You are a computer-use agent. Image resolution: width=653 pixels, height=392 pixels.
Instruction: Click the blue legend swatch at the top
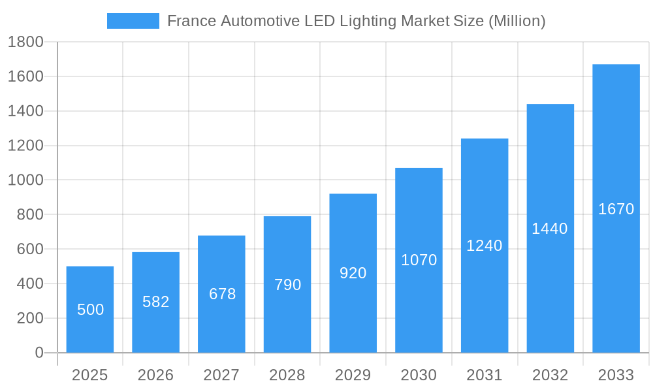coord(133,21)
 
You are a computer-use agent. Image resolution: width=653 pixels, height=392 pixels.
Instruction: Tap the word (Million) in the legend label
coord(517,21)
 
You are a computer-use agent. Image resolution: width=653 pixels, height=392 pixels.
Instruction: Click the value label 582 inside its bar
coord(156,302)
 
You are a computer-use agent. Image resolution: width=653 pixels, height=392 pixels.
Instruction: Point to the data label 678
coord(222,294)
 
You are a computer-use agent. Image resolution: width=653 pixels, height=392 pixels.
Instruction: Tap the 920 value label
coord(353,273)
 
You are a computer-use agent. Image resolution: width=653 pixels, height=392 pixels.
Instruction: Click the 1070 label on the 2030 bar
coord(419,260)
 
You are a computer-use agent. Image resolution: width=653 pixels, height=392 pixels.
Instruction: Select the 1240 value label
coord(485,246)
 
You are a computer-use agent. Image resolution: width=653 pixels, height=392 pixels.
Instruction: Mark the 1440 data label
coord(550,229)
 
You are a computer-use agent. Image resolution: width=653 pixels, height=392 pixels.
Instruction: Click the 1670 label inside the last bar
coord(616,209)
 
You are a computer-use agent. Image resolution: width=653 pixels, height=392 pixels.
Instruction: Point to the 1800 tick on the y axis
coord(25,42)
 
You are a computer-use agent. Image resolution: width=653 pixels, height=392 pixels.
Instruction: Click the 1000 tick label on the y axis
coord(25,180)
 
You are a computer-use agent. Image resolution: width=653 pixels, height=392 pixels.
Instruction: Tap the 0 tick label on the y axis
coord(39,353)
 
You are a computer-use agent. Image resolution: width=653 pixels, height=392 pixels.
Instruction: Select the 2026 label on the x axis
coord(156,375)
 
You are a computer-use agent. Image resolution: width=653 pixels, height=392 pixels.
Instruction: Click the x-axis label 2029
coord(353,375)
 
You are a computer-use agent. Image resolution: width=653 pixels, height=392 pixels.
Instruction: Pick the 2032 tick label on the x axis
coord(550,375)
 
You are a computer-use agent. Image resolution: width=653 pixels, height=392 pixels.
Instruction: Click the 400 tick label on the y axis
coord(29,284)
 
